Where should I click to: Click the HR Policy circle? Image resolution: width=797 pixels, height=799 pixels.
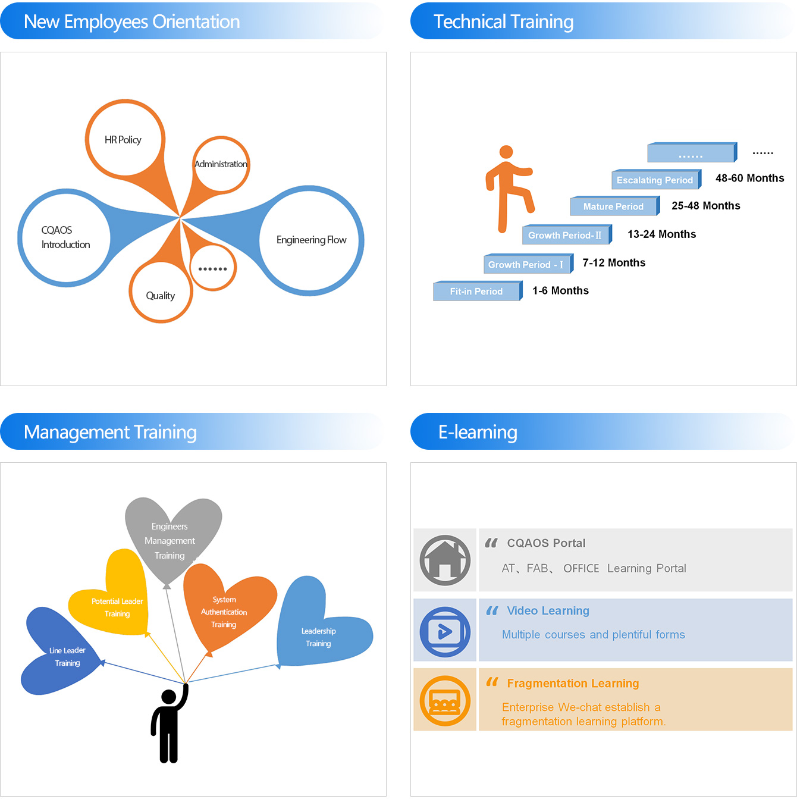tap(124, 140)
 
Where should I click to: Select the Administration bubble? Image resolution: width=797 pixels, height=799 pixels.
tap(221, 164)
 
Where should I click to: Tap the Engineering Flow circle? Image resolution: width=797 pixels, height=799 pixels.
tap(311, 240)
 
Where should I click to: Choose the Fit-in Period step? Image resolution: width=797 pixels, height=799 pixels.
tap(476, 292)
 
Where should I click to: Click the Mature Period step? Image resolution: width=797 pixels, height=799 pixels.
tap(613, 206)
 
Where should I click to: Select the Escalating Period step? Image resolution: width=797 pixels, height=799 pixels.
tap(654, 180)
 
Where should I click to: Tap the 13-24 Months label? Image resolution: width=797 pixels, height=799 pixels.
tap(661, 234)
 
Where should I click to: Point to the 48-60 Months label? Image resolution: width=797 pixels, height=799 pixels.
tap(749, 178)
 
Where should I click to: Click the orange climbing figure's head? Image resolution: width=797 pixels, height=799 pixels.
tap(506, 152)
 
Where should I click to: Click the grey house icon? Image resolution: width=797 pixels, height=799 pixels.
tap(445, 560)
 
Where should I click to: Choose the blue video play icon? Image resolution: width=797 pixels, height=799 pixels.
tap(445, 631)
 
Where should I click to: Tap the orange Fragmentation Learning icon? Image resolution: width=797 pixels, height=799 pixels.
tap(445, 700)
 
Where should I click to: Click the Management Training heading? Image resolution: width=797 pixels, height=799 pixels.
tap(111, 432)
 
